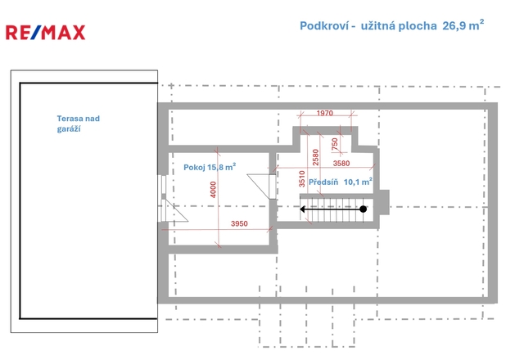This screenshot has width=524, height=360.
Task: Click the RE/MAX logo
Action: pos(46,33)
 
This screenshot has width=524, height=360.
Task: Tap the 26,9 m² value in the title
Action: pos(463,25)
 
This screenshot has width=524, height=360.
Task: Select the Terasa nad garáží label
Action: pos(79,124)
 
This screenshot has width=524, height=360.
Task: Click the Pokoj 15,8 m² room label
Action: pos(210,167)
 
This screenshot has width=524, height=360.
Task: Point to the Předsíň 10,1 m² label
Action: pos(341,182)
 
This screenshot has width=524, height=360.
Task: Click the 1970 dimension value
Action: pos(325,113)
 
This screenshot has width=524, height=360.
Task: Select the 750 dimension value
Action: pos(335,144)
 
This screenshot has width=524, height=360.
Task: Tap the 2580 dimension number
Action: pos(315,157)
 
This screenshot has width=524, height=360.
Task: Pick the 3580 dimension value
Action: pos(341,164)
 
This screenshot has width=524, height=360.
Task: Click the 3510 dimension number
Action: pos(302,178)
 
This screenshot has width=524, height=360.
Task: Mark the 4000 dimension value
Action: pos(213,189)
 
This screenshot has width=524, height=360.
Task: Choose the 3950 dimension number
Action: pos(239,223)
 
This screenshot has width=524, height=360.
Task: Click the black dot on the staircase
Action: pos(364,209)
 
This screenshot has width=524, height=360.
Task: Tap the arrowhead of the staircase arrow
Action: pos(302,209)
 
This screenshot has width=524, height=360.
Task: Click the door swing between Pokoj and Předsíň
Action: pos(259,187)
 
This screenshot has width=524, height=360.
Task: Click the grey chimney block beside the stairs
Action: pos(384,202)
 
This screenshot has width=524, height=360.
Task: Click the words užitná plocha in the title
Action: pos(399,25)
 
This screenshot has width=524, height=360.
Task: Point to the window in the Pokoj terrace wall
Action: pos(164,187)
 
